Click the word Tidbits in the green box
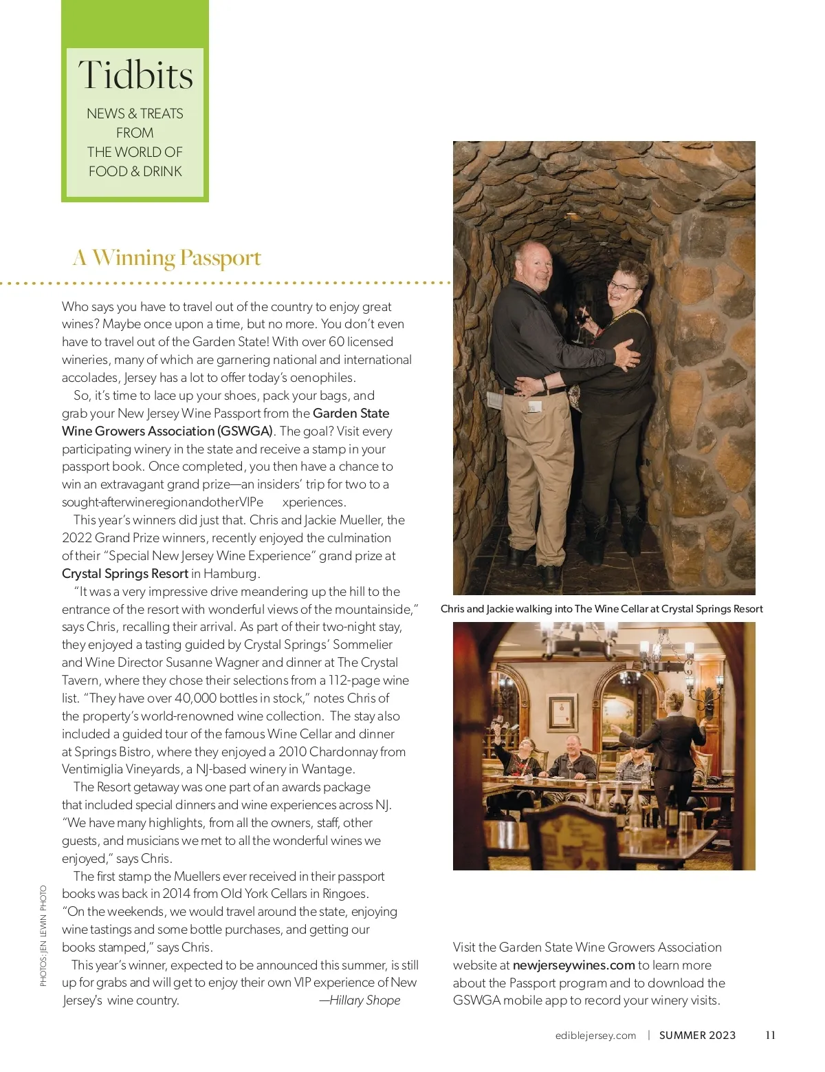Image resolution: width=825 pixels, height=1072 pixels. (135, 75)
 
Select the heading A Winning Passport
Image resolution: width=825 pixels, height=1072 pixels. (167, 258)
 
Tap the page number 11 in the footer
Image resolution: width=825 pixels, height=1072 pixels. (770, 1035)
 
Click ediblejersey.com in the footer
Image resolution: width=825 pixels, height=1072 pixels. (595, 1036)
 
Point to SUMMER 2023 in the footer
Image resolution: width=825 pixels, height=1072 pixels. (697, 1036)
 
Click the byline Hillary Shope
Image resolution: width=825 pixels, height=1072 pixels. (364, 1000)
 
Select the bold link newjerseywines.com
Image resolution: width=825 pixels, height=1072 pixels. (573, 965)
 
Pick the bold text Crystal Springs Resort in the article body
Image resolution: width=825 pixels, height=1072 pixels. (125, 574)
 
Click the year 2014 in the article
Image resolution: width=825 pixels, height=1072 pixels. (176, 894)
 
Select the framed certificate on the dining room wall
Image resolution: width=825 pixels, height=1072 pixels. (562, 712)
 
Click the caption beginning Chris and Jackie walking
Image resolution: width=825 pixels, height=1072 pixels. (602, 609)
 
